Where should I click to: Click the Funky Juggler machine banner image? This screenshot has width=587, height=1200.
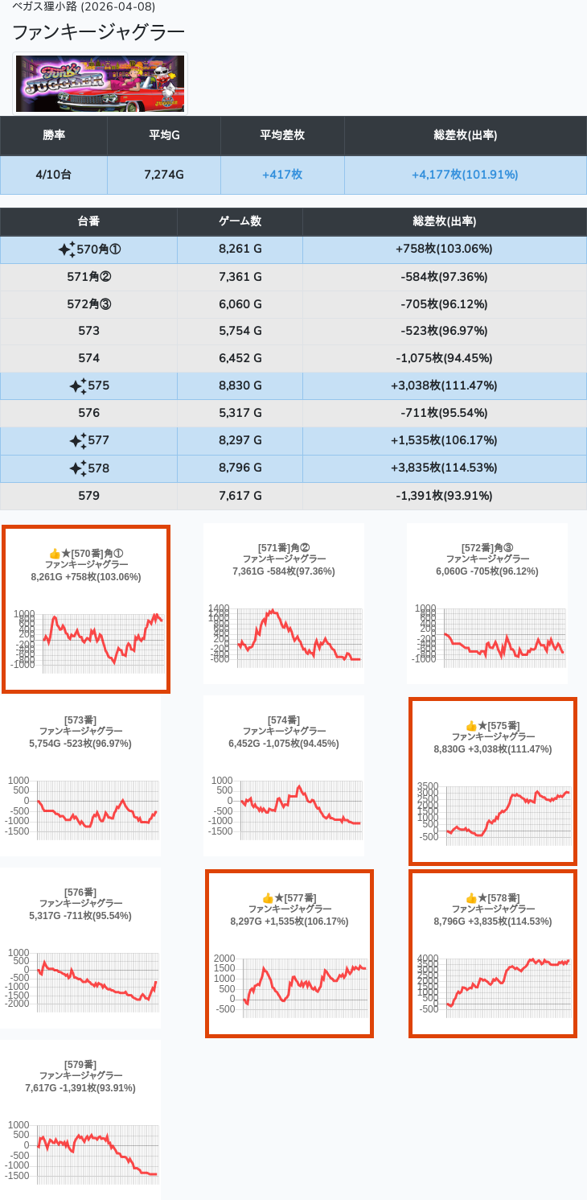coord(100,84)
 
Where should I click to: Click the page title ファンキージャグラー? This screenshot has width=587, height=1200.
coord(98,32)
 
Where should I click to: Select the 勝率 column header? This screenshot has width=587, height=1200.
coord(54,135)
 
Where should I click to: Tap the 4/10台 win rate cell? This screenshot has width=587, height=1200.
coord(54,175)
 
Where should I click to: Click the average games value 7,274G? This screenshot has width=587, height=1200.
coord(164,175)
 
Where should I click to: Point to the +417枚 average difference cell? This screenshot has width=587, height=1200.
coord(282,175)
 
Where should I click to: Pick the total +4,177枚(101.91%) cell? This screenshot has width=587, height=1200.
coord(465,175)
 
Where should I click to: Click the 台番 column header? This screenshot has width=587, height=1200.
coord(88,221)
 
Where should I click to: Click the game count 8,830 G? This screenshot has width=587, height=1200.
coord(240,386)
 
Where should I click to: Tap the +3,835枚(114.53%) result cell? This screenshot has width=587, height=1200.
coord(444,468)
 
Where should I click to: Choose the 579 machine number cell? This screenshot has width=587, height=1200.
coord(88,495)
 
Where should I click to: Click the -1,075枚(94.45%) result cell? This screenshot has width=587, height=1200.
coord(444,358)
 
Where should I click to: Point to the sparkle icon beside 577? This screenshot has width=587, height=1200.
coord(77,440)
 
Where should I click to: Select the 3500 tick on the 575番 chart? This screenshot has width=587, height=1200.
coord(428,786)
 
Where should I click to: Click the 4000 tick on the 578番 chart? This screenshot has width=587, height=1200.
coord(428,958)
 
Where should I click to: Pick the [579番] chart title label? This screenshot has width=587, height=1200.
coord(80,1064)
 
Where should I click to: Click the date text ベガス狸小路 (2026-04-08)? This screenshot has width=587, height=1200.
coord(84,6)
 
